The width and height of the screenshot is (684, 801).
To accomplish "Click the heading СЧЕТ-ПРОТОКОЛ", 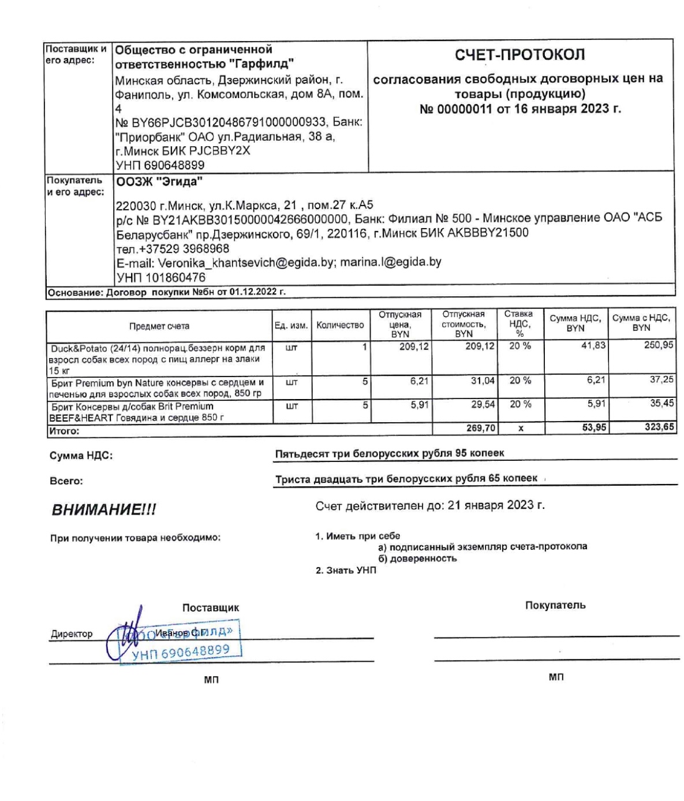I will coord(519,55).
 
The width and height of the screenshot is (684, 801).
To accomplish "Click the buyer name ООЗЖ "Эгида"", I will coord(160,182).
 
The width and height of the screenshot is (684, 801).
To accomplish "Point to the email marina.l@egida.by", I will coord(390,262).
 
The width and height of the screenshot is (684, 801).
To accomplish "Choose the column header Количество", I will coord(340,325).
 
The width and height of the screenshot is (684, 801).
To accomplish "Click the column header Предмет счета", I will coord(159,326).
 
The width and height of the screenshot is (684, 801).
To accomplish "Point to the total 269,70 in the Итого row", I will coord(480,428).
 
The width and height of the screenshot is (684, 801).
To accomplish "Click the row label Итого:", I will coord(63,431).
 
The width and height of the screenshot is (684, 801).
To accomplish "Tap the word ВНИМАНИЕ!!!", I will coord(104,510).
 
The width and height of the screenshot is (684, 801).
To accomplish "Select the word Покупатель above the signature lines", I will coord(555,605).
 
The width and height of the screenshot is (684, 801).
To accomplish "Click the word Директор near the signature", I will coord(72,634).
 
